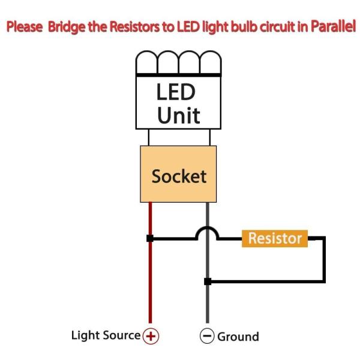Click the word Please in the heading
click(25, 26)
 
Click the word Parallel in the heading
click(333, 26)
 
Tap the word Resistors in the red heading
click(134, 26)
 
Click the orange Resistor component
click(275, 239)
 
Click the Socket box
click(178, 174)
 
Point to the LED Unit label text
click(177, 103)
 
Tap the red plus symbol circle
click(151, 336)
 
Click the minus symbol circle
click(207, 335)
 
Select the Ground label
click(238, 337)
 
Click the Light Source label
click(106, 335)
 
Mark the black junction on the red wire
click(150, 238)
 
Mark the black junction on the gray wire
click(208, 281)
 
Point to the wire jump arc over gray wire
click(207, 227)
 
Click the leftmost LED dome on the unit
click(147, 62)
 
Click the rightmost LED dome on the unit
click(211, 62)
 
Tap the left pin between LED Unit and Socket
click(149, 137)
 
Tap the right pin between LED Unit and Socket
click(210, 137)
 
